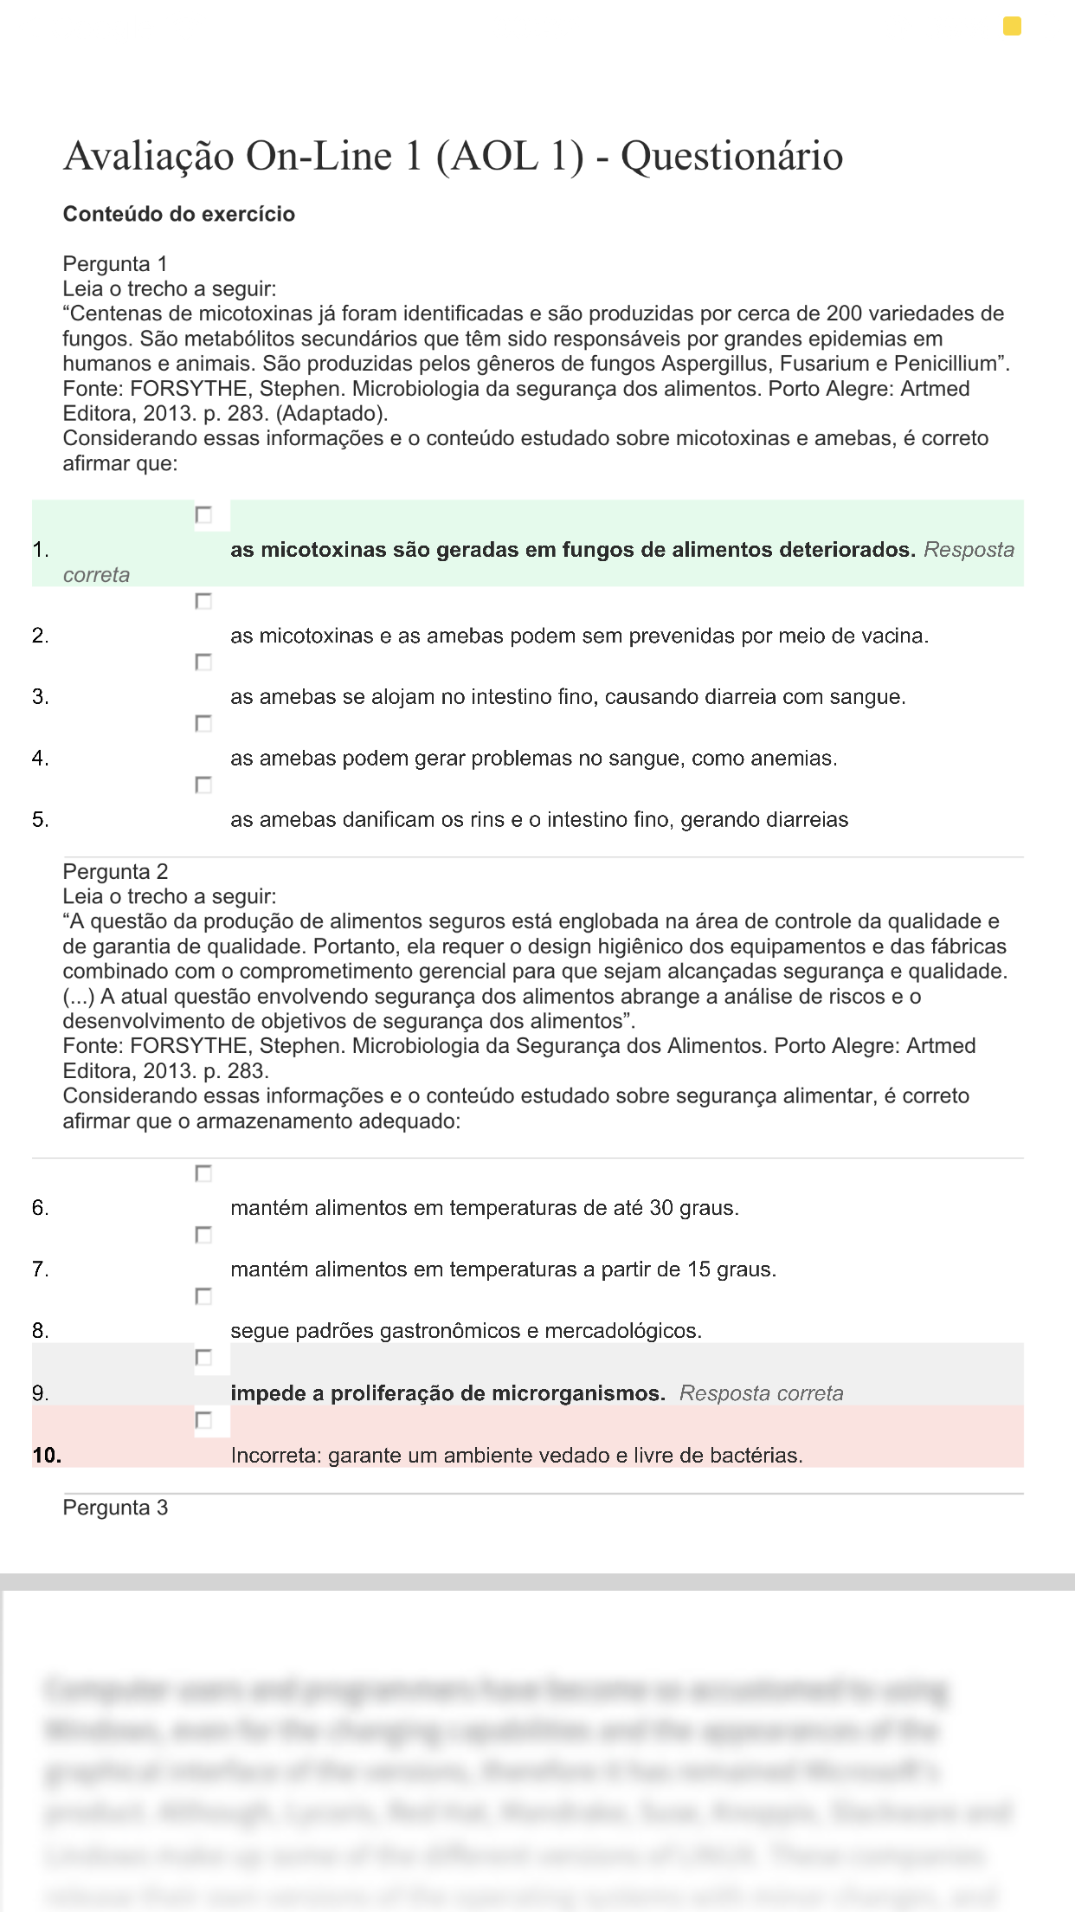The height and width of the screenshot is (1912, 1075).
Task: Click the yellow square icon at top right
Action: point(1012,27)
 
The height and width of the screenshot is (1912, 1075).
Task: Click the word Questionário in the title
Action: point(731,157)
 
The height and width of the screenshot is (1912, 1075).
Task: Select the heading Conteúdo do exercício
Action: point(179,214)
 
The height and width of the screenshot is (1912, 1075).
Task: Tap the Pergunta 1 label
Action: point(115,263)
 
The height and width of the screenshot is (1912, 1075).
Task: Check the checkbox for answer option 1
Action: point(203,515)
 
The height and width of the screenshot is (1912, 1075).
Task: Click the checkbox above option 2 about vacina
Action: point(203,601)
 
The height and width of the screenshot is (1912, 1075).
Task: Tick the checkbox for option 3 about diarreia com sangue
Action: point(203,662)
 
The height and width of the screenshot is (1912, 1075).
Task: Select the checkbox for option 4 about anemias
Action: point(203,723)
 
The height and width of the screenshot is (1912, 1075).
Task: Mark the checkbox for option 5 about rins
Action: point(203,785)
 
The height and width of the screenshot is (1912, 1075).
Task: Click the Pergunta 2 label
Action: point(115,871)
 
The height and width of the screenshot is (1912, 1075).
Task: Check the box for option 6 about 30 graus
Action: point(203,1174)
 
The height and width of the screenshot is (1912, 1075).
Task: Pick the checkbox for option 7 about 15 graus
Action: point(203,1235)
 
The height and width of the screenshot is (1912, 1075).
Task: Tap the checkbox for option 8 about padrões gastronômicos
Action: point(203,1296)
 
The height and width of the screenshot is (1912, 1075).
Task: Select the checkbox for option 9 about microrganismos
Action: point(203,1358)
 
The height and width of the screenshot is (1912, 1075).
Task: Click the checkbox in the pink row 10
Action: point(203,1420)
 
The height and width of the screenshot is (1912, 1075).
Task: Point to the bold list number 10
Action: point(47,1456)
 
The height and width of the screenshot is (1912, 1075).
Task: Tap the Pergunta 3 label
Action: point(115,1508)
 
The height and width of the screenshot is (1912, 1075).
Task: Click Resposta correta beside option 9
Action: point(761,1393)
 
